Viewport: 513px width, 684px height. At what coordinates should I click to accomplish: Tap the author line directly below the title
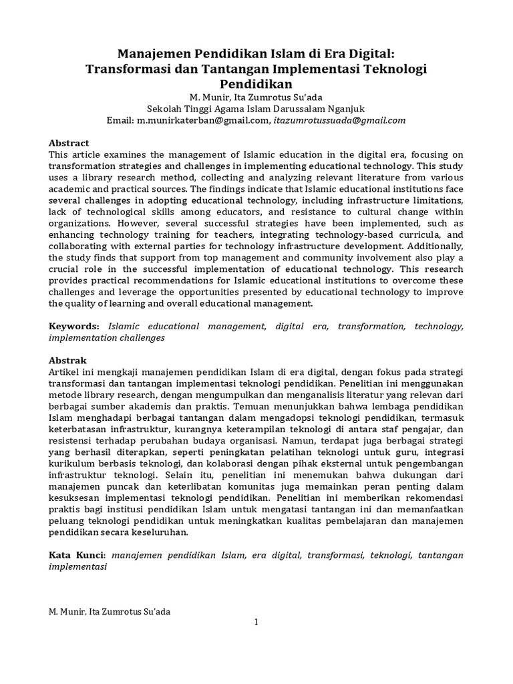coord(256,97)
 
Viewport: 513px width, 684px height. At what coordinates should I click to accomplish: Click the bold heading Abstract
coord(69,143)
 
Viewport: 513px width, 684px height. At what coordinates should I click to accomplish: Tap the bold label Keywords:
coord(74,326)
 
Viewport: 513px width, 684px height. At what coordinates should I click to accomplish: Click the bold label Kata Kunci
coord(77,555)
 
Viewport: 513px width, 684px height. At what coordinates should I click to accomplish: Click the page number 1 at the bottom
coord(255,623)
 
